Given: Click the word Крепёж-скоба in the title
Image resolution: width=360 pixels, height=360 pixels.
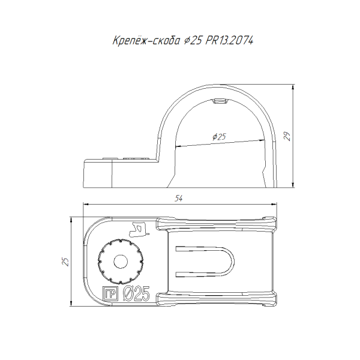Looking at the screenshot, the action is coord(146,41).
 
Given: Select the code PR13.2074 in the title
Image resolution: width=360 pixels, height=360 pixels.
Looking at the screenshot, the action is coord(229,41).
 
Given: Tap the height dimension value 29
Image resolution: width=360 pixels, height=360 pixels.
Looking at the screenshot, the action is coord(287,136).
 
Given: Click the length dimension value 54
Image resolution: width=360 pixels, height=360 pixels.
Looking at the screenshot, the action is coord(178,199).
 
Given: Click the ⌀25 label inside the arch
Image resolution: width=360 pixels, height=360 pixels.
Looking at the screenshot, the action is coord(219,137).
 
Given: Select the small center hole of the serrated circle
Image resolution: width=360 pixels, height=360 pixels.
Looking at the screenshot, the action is coord(121,262).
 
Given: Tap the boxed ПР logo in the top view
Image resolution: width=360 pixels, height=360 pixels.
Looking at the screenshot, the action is coord(110,293).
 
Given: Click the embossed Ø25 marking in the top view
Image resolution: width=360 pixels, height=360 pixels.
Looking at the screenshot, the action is coord(136,293).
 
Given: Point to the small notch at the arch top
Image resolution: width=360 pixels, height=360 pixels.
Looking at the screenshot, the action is coord(220,101).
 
